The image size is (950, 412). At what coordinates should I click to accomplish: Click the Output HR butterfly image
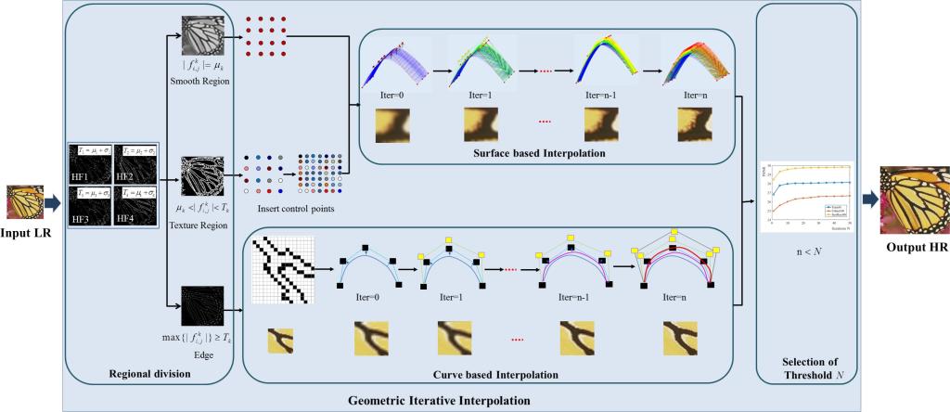point(914,198)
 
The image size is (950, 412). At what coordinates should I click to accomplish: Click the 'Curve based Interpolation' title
point(494,376)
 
